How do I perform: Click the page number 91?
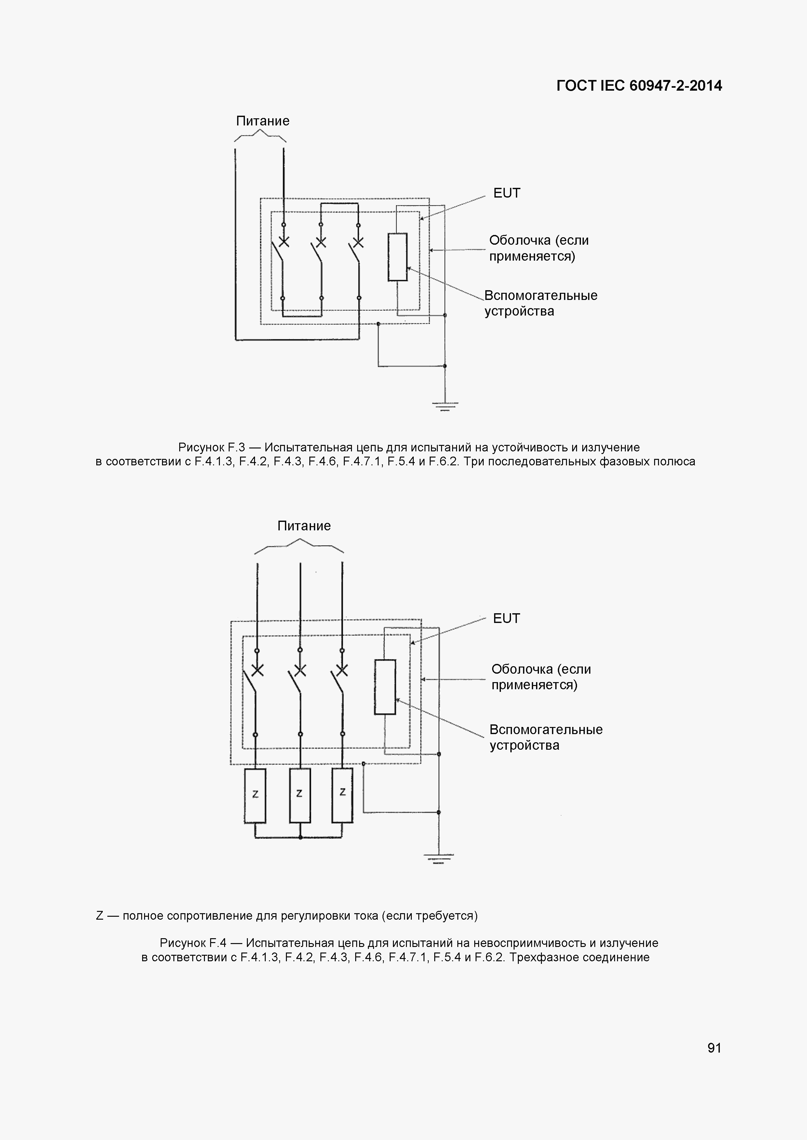click(714, 1048)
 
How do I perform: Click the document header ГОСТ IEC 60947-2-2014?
click(639, 86)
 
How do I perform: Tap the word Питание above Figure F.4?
click(303, 526)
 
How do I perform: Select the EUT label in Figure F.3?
click(506, 193)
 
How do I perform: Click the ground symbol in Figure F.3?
click(445, 406)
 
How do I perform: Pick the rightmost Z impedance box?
click(343, 795)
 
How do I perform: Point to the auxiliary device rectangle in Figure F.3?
click(397, 257)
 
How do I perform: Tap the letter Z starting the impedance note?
click(100, 915)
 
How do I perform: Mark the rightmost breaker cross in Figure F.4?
click(342, 670)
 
